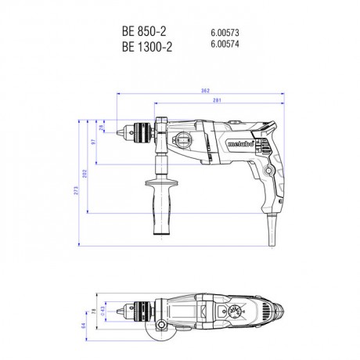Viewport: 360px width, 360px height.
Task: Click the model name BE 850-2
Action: (x=144, y=31)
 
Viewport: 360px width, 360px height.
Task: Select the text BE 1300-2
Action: (x=147, y=46)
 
